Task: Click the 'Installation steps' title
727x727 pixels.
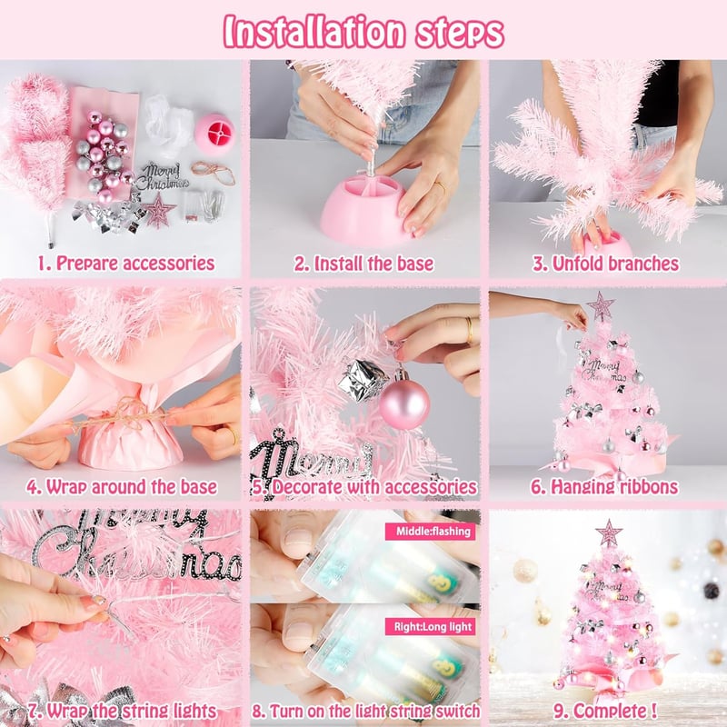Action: pyautogui.click(x=364, y=32)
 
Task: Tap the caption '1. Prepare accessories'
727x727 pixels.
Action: pyautogui.click(x=126, y=263)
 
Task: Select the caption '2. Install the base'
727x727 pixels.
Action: pyautogui.click(x=364, y=264)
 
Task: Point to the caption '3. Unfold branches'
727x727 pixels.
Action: pyautogui.click(x=605, y=264)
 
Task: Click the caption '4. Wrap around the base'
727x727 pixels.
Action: pyautogui.click(x=122, y=487)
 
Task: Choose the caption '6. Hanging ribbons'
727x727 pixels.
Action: pyautogui.click(x=604, y=487)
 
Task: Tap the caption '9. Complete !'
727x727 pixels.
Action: pyautogui.click(x=605, y=711)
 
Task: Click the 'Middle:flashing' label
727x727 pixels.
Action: pyautogui.click(x=433, y=531)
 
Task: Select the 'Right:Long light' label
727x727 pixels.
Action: pyautogui.click(x=433, y=626)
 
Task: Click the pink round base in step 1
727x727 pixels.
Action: pyautogui.click(x=214, y=130)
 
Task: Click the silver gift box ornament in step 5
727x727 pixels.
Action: pyautogui.click(x=363, y=379)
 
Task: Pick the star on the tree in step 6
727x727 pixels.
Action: pyautogui.click(x=602, y=305)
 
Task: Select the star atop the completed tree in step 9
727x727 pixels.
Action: pyautogui.click(x=609, y=533)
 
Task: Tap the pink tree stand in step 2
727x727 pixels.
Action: pyautogui.click(x=366, y=210)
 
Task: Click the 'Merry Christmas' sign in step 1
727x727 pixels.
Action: pyautogui.click(x=164, y=175)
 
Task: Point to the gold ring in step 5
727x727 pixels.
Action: pyautogui.click(x=470, y=329)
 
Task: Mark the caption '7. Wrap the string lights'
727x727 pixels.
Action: pyautogui.click(x=122, y=711)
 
